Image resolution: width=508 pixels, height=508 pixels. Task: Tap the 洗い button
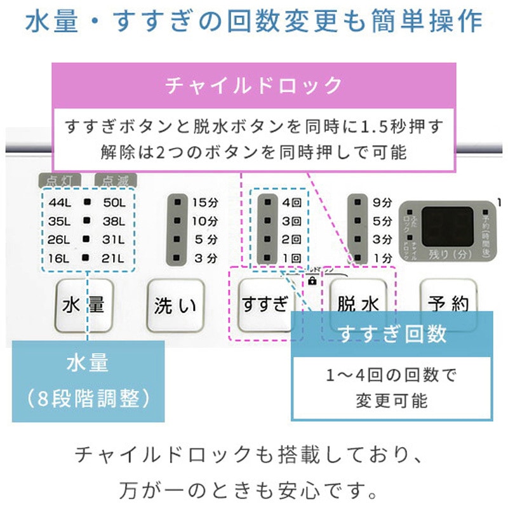tap(175, 305)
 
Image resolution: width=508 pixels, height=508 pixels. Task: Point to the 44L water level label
tap(60, 203)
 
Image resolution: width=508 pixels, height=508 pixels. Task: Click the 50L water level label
tap(115, 203)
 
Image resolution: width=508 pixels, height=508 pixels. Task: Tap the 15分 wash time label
tap(204, 203)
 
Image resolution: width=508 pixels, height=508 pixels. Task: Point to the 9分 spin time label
tap(383, 203)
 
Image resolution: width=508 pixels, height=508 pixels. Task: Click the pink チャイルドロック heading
tap(253, 85)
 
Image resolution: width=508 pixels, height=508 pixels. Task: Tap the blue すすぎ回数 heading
tap(392, 333)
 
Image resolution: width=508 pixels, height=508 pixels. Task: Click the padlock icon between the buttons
tap(312, 280)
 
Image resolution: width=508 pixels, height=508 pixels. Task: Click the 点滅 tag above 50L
tap(112, 180)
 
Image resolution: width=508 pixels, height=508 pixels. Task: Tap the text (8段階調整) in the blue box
tap(88, 398)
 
